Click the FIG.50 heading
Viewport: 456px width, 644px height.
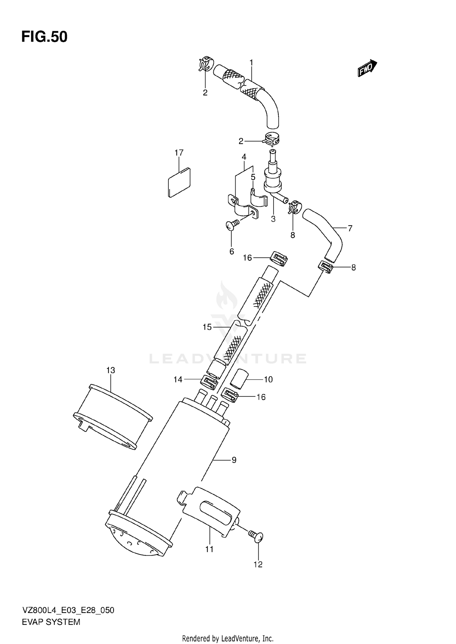click(44, 37)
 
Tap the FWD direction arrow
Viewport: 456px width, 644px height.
click(367, 68)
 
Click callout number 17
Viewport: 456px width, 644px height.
click(179, 153)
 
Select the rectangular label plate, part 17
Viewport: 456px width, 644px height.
click(179, 183)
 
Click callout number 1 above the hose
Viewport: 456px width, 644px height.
click(251, 63)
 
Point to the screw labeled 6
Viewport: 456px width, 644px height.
click(232, 225)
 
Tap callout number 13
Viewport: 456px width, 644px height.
click(111, 370)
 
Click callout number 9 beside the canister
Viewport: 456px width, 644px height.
click(234, 460)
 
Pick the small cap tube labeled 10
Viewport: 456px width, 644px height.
click(239, 378)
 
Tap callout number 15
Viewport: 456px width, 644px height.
click(207, 327)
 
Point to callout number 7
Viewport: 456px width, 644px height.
click(350, 228)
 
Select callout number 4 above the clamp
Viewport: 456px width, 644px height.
click(244, 157)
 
